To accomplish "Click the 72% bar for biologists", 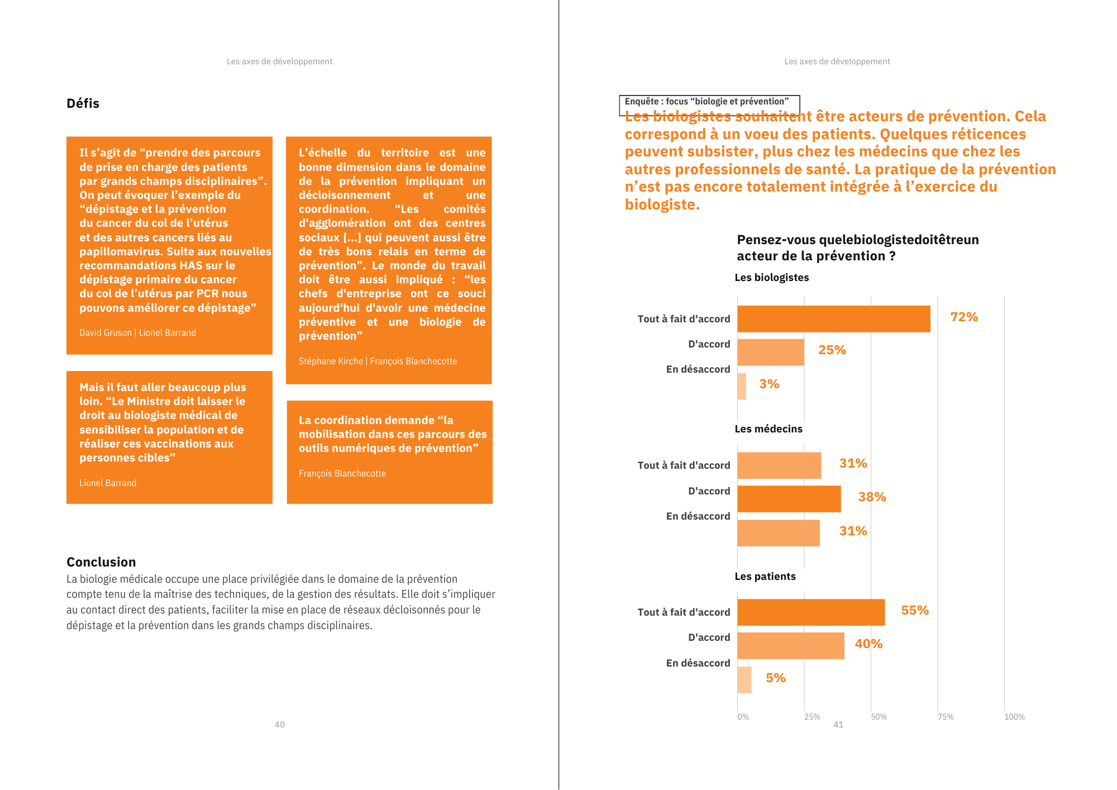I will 833,319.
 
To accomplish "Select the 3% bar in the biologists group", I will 742,386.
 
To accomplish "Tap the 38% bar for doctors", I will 789,499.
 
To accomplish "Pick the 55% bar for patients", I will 811,612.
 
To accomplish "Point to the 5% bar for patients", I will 744,680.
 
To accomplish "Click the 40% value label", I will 868,644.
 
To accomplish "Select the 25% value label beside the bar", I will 832,350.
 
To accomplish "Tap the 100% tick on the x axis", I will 1014,717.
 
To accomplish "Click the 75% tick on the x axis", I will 946,717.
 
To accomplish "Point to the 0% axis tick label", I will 743,717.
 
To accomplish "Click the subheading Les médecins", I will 768,429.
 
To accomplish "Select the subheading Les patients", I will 765,577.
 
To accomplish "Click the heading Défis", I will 83,103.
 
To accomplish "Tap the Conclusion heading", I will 101,562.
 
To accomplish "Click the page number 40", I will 279,725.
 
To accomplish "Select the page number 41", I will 838,725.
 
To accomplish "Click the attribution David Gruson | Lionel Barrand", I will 137,333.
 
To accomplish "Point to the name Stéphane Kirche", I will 331,361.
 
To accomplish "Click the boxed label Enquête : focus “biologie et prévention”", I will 707,102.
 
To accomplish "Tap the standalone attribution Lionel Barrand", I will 108,483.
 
